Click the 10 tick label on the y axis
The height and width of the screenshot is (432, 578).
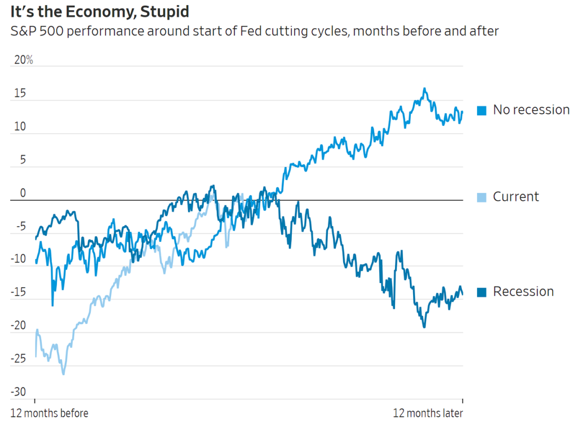(x=20, y=126)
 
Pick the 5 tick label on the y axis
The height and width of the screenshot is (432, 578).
(x=23, y=160)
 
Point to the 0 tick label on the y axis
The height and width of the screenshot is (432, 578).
(x=23, y=193)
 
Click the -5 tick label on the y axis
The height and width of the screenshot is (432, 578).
(x=21, y=226)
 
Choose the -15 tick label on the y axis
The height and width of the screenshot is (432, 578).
(x=19, y=293)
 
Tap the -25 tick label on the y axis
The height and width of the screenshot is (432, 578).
(x=19, y=359)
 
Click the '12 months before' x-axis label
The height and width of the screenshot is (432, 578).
(x=50, y=413)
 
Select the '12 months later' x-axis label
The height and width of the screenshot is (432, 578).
(x=428, y=413)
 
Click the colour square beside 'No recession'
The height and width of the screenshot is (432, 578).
(x=481, y=111)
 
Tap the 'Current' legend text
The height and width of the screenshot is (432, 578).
(x=516, y=197)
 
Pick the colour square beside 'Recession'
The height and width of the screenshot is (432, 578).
(x=481, y=292)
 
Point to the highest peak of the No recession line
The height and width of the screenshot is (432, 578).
(x=424, y=89)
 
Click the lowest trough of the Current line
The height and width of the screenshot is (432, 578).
(x=63, y=374)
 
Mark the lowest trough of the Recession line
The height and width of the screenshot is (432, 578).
(x=424, y=327)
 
